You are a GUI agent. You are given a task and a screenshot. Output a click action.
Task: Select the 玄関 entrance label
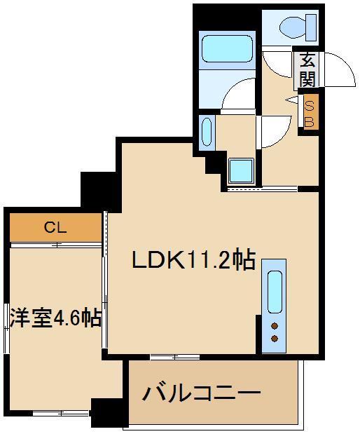(307, 70)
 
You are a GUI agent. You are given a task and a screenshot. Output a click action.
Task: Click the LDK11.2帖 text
(193, 261)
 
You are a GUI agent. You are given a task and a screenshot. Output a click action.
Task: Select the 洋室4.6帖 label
(55, 318)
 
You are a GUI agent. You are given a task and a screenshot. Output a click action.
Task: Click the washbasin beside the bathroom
(207, 133)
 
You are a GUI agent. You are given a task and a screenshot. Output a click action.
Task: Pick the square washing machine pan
(240, 170)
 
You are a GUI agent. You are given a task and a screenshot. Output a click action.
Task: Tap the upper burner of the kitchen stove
(274, 325)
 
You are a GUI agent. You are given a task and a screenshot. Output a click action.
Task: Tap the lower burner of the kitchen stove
(274, 339)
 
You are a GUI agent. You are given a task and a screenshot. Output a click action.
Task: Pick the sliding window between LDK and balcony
(165, 357)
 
